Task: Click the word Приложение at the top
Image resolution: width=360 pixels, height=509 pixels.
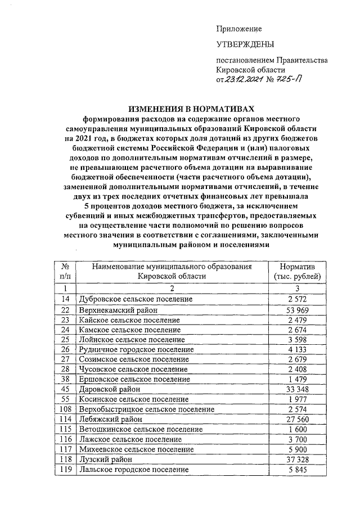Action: coord(239,29)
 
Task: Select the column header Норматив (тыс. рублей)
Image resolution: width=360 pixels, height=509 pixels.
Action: coord(296,271)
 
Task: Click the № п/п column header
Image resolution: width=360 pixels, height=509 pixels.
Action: coord(65,271)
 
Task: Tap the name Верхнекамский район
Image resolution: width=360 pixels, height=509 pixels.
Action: coord(118,309)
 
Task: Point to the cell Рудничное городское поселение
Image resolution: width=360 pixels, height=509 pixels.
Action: coord(137,349)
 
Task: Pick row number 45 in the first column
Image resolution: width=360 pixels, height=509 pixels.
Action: coord(65,388)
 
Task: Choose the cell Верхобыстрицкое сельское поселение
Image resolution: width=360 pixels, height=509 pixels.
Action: coord(147,408)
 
